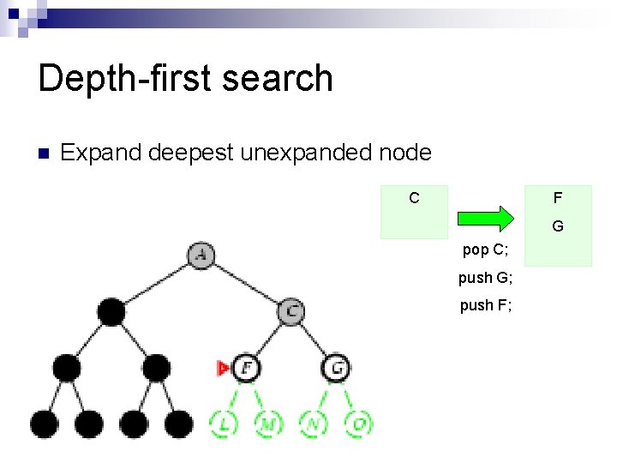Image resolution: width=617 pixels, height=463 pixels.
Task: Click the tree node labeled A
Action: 201,255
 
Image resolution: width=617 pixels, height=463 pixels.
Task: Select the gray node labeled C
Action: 291,310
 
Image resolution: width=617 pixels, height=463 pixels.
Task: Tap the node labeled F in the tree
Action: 247,368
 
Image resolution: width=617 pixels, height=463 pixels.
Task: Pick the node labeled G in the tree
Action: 337,368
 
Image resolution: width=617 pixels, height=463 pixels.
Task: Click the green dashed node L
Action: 224,423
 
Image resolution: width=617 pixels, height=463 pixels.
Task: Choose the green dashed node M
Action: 268,423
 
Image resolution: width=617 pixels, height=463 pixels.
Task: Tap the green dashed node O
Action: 359,423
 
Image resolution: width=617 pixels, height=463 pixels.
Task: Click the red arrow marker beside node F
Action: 223,368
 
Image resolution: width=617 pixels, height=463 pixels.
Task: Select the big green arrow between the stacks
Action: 485,218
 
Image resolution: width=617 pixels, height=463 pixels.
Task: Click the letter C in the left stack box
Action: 414,198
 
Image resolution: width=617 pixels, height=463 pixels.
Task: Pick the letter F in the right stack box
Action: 558,198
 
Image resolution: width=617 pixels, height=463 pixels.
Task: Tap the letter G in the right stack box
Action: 558,227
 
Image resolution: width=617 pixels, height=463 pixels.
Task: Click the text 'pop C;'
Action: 485,250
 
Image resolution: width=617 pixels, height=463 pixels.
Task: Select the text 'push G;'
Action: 485,278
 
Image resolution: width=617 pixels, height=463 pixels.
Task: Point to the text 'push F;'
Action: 485,305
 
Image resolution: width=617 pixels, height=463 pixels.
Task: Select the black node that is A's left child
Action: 111,311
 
